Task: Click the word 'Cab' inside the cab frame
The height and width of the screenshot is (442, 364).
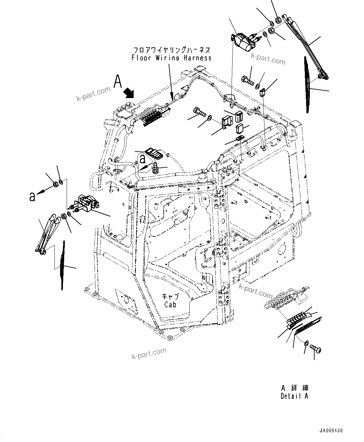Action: pos(170,304)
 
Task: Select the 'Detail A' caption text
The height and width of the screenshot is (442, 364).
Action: pos(294,396)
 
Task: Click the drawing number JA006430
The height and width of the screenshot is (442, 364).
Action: pos(331,431)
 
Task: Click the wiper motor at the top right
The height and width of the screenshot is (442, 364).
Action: pos(244,42)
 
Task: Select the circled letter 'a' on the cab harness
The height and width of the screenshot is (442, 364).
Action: pos(142,159)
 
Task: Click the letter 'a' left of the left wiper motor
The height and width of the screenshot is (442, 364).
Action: pos(32,196)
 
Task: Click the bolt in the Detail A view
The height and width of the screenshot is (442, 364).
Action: pos(315,348)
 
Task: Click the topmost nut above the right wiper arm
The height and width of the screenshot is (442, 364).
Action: pos(277,21)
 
